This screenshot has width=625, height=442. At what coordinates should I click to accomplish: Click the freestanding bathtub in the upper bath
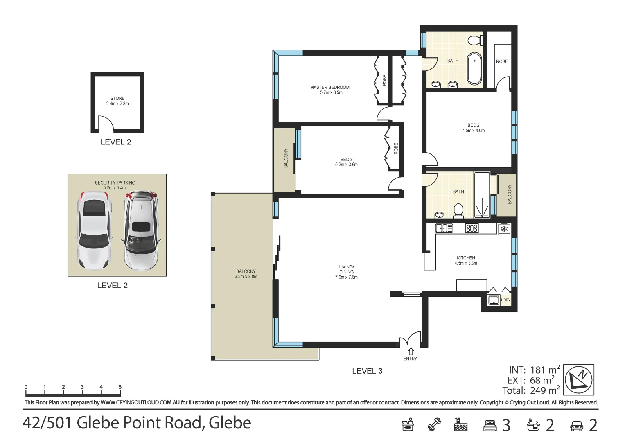tap(474, 68)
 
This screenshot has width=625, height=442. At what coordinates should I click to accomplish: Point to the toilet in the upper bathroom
tap(474, 41)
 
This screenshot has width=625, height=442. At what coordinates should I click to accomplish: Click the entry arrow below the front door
tap(411, 352)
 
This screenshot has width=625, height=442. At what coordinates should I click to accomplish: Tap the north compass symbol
tap(578, 379)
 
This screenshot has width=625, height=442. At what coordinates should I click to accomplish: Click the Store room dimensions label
tap(117, 104)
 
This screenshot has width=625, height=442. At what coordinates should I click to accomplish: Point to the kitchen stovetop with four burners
tap(472, 228)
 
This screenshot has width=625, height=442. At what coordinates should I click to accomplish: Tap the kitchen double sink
tap(444, 228)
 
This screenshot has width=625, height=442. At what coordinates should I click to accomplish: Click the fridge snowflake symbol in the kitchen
tap(504, 229)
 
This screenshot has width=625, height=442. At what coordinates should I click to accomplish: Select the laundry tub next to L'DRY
tap(494, 300)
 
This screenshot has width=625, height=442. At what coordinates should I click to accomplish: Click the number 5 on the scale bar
tap(120, 387)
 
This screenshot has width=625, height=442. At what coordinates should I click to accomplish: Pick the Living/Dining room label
tap(346, 272)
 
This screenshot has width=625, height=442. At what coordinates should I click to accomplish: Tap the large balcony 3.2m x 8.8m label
tap(246, 274)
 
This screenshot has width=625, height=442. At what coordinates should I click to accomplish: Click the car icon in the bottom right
tap(576, 426)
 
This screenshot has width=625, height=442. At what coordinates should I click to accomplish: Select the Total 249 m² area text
tap(531, 390)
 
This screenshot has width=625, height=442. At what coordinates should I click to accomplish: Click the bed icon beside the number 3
tap(490, 426)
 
